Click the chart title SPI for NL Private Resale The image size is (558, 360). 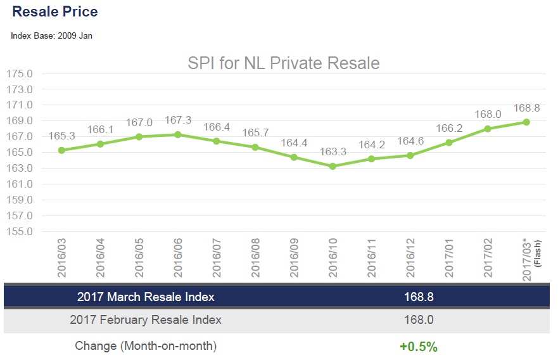coord(283,63)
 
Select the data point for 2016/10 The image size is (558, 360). coord(333,166)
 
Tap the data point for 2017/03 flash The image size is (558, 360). coord(526,122)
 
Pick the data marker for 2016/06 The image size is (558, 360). coord(178,134)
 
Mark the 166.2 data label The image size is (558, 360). coord(449,129)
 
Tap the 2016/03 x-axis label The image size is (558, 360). coord(62,257)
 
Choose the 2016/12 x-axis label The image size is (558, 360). coord(410,257)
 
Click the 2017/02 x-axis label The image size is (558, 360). coord(488,257)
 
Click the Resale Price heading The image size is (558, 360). coord(55,11)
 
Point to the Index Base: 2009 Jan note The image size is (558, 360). coord(51,35)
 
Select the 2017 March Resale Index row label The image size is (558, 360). coord(146,297)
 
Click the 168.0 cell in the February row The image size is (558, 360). coord(419,320)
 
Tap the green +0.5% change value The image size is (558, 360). coord(419,347)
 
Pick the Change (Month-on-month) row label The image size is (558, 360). coord(146,346)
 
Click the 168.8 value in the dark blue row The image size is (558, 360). coord(419,297)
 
